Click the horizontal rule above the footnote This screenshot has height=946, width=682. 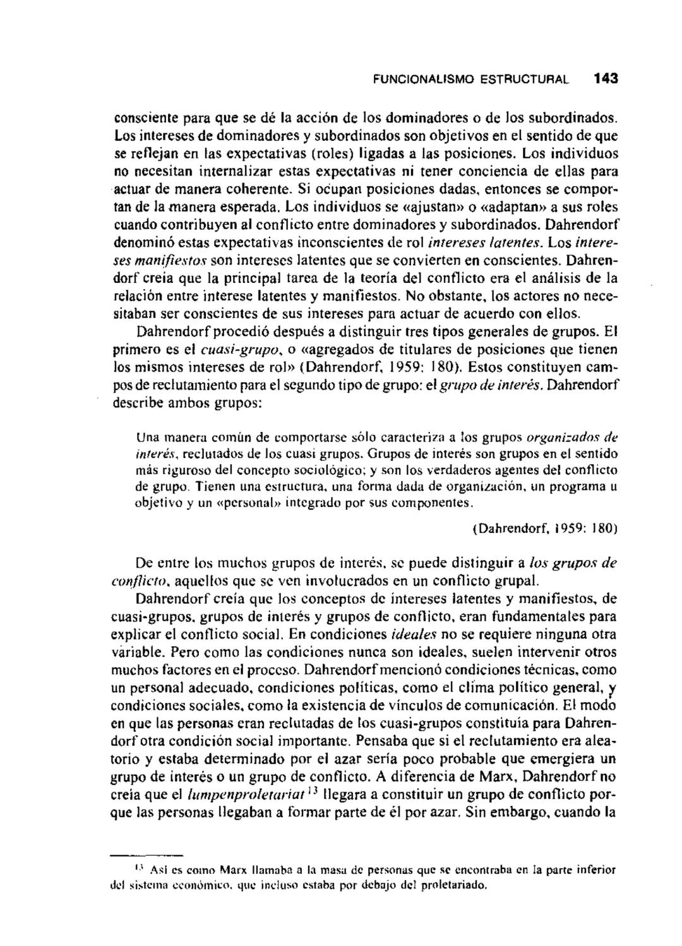147,855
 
